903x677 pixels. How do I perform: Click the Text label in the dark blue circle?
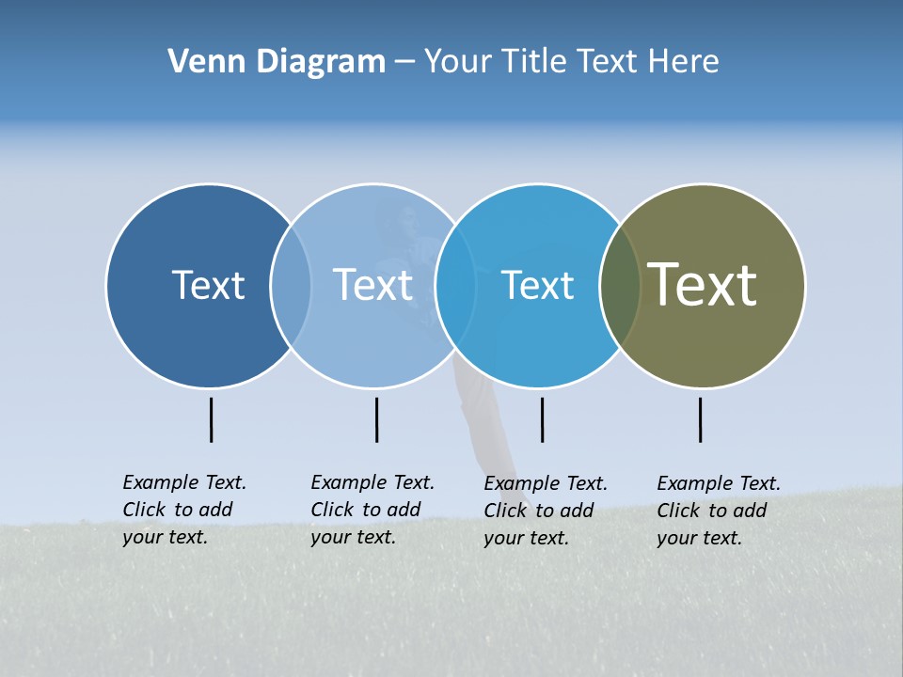[x=208, y=285]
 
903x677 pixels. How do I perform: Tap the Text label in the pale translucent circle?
[x=372, y=285]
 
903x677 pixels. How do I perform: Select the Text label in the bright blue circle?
[x=537, y=285]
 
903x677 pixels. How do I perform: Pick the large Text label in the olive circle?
[x=703, y=285]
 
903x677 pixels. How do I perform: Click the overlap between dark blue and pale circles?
[x=291, y=285]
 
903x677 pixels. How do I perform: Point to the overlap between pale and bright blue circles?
[x=455, y=285]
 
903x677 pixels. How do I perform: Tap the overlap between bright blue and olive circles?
[x=620, y=285]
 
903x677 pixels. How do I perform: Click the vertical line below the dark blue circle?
[x=211, y=419]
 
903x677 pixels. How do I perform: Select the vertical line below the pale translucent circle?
[x=376, y=419]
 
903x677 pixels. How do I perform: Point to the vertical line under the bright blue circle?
[x=542, y=419]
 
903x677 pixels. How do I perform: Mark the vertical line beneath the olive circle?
[x=700, y=419]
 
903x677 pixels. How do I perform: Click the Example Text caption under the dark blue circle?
[x=183, y=510]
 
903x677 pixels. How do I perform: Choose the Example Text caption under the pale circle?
[x=372, y=510]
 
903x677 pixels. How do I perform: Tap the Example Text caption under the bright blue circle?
[x=545, y=511]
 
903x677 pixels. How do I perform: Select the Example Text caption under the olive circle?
[x=718, y=511]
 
